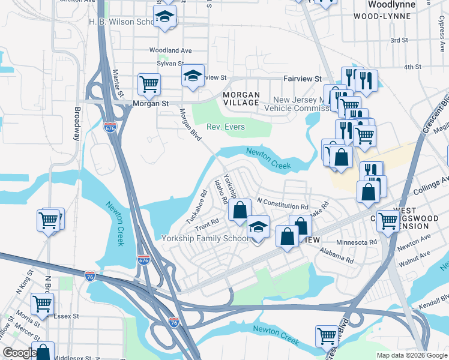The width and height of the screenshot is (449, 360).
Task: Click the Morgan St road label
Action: (151, 103)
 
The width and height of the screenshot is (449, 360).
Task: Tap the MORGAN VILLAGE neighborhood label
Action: (241, 99)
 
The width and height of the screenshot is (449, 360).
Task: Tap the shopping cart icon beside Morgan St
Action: (149, 85)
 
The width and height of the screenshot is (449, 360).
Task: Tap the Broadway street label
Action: (77, 124)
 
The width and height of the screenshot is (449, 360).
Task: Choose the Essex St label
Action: (66, 316)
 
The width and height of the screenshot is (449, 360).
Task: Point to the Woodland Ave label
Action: (170, 50)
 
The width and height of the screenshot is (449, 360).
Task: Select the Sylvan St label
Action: (170, 63)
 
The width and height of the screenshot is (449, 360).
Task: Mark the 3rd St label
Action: (399, 40)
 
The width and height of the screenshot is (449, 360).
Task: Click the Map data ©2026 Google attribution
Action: (412, 355)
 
